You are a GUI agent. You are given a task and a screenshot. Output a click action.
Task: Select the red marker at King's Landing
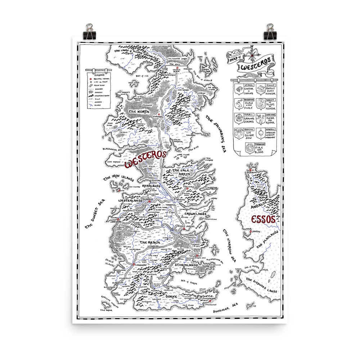pyautogui.click(x=183, y=229)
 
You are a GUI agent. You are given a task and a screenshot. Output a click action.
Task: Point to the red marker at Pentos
pyautogui.click(x=251, y=232)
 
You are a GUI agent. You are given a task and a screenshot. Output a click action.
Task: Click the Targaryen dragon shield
pyautogui.click(x=249, y=148)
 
